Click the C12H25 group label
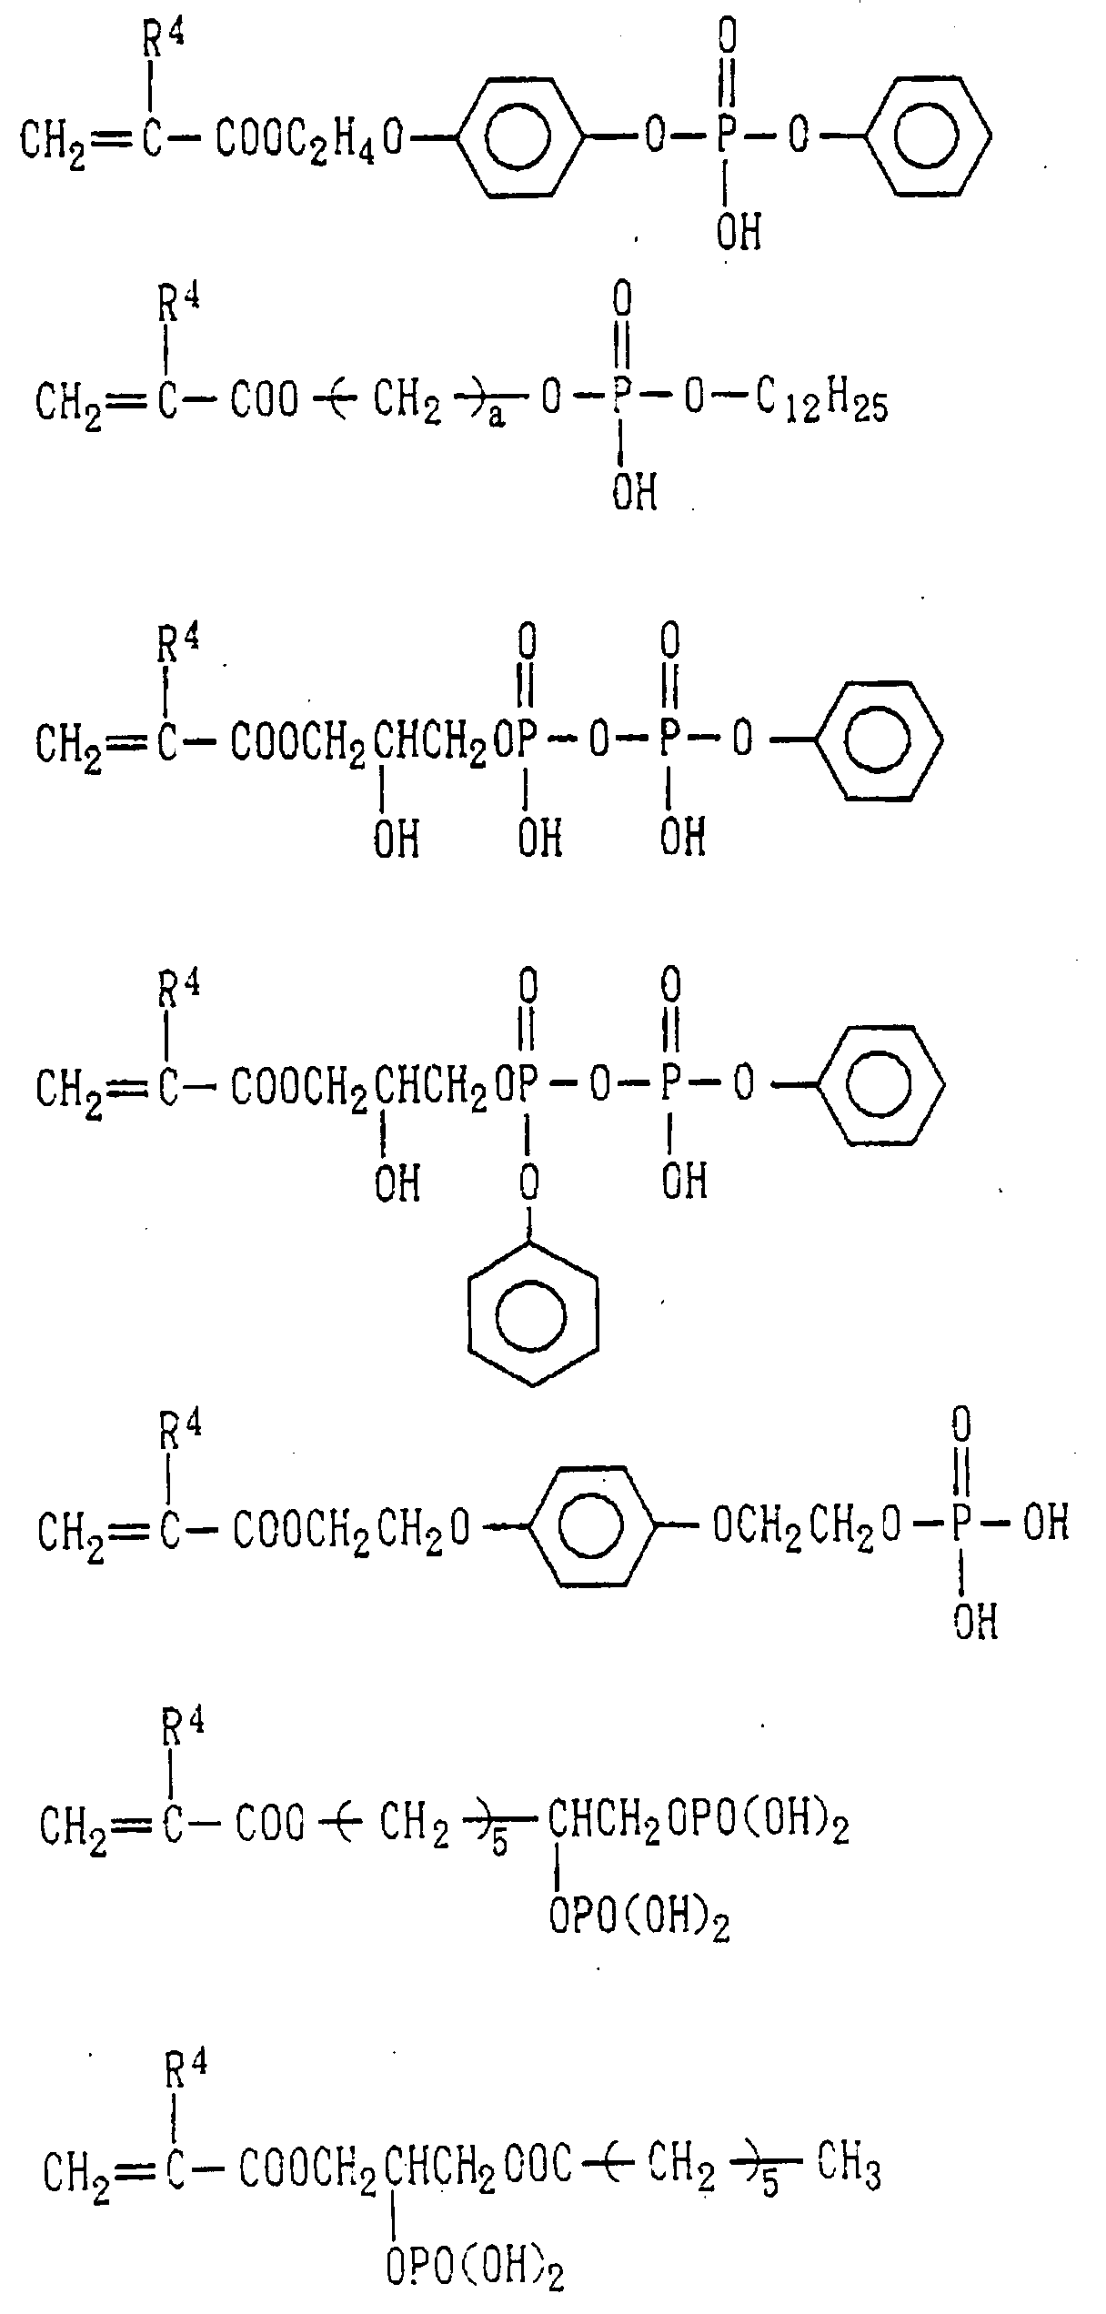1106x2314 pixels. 821,403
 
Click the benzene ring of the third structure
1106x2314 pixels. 879,740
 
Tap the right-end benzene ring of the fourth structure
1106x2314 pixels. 880,1085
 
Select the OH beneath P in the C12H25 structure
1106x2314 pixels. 634,493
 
